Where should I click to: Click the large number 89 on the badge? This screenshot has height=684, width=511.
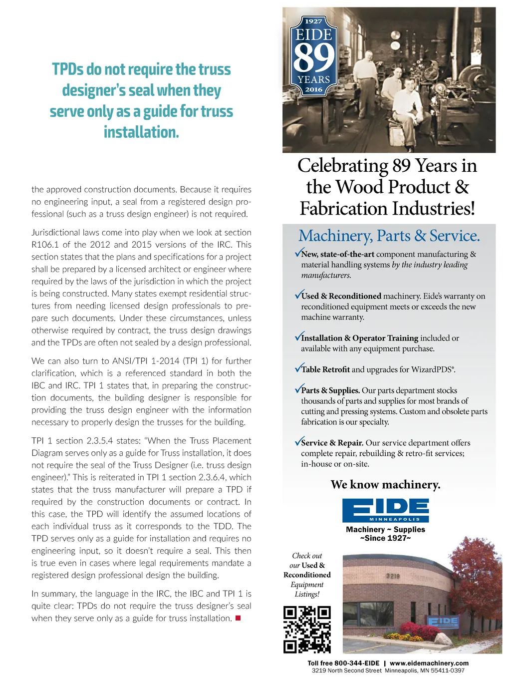(x=313, y=58)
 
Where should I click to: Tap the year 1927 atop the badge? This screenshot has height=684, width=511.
(x=313, y=21)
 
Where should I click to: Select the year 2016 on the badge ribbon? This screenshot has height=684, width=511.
(x=313, y=90)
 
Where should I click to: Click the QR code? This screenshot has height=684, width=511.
(x=307, y=629)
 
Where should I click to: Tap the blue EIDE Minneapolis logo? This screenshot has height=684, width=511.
(x=385, y=510)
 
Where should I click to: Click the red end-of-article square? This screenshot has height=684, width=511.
(x=238, y=618)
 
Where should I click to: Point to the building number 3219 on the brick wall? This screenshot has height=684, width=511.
(x=393, y=576)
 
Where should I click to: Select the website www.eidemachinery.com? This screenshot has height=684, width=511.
(x=429, y=663)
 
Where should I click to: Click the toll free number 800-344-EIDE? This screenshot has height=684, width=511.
(x=357, y=663)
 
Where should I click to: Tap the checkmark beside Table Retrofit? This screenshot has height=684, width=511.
(x=298, y=368)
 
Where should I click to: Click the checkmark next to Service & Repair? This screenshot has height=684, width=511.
(x=298, y=441)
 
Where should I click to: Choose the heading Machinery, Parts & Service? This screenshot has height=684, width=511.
(x=389, y=236)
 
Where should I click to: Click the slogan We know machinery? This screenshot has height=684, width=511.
(x=385, y=484)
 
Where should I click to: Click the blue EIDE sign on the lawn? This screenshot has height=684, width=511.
(x=443, y=622)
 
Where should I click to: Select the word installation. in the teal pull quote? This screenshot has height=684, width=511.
(x=141, y=132)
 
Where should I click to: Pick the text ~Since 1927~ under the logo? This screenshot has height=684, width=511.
(x=385, y=538)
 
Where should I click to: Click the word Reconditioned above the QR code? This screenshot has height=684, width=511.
(x=307, y=575)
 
